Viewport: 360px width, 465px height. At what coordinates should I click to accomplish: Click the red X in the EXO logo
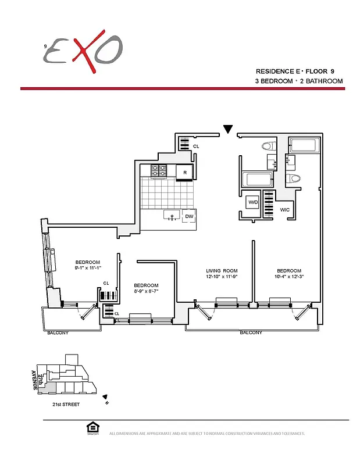coord(84,51)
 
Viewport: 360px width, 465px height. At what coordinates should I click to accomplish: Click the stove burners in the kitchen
coord(159,171)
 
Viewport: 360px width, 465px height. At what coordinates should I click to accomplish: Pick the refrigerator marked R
coord(185,172)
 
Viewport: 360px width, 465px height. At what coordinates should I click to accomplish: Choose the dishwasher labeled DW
coord(188,216)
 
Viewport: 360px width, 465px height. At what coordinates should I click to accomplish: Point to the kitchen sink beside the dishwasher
coord(171,216)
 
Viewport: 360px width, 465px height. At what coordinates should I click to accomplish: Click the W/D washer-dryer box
coord(253,202)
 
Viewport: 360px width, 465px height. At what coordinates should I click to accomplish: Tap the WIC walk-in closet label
coord(285,209)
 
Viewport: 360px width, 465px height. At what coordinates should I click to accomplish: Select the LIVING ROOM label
coord(222,271)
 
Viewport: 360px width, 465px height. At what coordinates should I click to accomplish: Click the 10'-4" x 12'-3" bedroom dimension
coord(289,277)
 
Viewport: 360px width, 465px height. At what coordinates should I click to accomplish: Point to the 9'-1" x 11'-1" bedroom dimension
coord(88,268)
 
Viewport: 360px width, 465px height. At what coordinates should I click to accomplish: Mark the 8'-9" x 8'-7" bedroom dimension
coord(146,292)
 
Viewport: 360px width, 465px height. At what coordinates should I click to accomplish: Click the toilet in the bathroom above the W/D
coord(269,146)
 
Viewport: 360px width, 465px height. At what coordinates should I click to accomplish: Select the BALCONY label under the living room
coord(251,333)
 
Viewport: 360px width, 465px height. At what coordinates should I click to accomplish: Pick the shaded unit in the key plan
coord(51,387)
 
